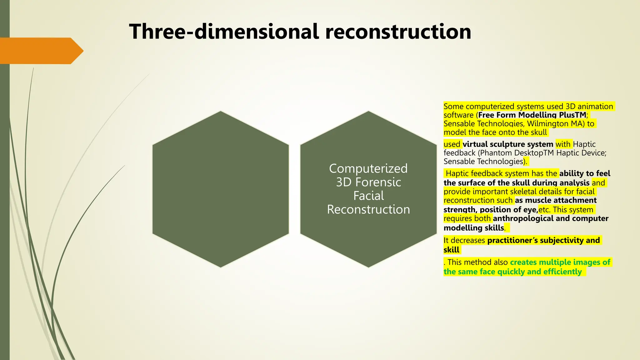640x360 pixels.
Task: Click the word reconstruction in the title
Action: [398, 32]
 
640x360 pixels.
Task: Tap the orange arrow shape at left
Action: [41, 51]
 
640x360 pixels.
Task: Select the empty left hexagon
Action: [221, 189]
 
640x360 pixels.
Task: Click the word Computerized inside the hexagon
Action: [368, 168]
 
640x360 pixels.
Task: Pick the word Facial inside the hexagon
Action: [368, 196]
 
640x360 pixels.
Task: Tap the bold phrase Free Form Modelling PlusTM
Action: [532, 115]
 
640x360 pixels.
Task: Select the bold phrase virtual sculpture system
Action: [508, 144]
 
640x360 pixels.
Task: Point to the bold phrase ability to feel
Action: [585, 173]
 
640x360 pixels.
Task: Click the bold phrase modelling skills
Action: [474, 228]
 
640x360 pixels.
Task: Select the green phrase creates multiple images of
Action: [560, 262]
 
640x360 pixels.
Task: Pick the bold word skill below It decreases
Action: [451, 250]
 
